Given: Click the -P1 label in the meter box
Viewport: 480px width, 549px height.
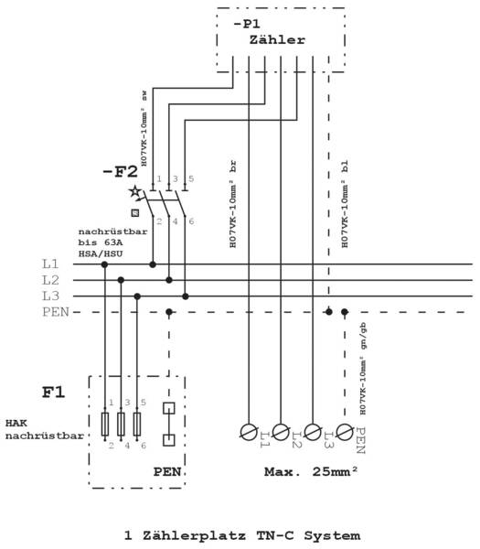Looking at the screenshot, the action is [247, 24].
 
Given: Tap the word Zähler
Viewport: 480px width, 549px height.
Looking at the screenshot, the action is [277, 39].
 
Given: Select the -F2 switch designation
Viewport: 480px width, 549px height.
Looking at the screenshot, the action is [120, 172].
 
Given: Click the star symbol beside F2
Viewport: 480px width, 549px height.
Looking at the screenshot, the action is [134, 191].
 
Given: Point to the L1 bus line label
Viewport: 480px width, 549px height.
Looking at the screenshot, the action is [50, 264].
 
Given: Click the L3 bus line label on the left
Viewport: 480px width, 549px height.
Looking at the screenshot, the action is [50, 296].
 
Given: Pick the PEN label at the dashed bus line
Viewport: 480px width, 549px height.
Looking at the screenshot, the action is [56, 312].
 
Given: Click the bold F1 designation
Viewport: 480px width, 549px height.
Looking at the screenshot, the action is [54, 393].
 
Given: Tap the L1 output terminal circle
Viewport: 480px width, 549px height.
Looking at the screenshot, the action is [249, 432].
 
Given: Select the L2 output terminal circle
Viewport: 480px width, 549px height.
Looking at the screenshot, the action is [281, 432].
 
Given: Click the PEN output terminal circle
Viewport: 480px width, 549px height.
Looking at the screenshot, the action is [345, 432].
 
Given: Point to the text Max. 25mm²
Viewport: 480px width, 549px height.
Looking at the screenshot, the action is [311, 471].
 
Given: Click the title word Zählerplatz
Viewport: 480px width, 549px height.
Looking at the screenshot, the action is [194, 535].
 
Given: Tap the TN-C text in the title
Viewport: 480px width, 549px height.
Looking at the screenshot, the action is [275, 535].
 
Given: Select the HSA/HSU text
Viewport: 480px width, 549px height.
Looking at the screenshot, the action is [101, 253].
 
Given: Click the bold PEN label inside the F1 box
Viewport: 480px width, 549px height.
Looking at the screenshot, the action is [167, 471].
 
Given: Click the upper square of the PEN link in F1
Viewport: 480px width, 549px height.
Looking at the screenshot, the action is [169, 408].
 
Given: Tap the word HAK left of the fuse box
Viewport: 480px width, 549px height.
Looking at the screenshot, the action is [16, 423].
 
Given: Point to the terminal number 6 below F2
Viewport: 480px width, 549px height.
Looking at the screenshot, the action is [191, 221].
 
